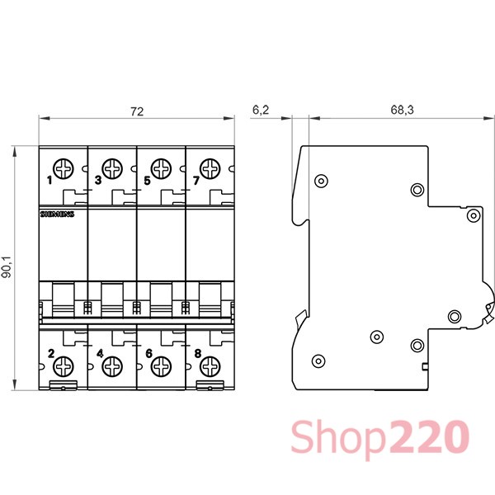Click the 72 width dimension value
click(x=137, y=111)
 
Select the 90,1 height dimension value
click(x=7, y=266)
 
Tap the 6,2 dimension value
click(x=261, y=110)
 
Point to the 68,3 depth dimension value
click(x=402, y=110)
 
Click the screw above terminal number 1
click(x=64, y=169)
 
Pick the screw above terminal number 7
click(x=210, y=169)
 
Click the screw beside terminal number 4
click(x=112, y=366)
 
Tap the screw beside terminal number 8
click(x=210, y=366)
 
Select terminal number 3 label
click(x=98, y=180)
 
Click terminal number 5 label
click(x=147, y=181)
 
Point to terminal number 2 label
click(x=51, y=354)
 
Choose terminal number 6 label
click(x=149, y=354)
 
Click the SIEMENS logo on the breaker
click(x=57, y=214)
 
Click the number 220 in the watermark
click(x=429, y=436)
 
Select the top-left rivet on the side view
click(x=322, y=181)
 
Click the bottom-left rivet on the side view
click(x=318, y=361)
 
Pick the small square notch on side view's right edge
click(x=425, y=366)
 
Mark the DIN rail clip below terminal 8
click(x=210, y=385)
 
